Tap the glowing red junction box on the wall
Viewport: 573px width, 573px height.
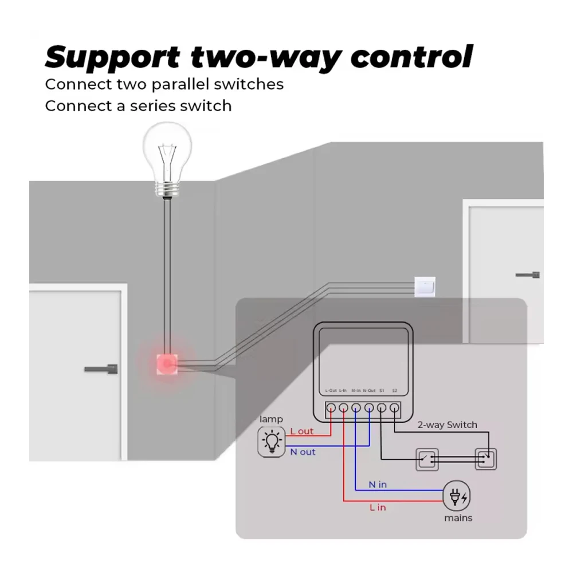pos(167,363)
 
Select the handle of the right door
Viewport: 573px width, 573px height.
pos(528,274)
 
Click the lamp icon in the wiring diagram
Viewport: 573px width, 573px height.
pos(272,441)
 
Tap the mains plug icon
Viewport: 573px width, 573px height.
pos(458,496)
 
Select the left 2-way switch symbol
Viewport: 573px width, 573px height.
pos(425,458)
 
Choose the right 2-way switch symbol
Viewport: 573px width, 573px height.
pos(485,458)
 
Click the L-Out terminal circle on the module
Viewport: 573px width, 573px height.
pos(331,409)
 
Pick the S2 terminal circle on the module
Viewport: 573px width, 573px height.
pos(394,409)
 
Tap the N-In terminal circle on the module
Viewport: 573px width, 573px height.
pos(356,409)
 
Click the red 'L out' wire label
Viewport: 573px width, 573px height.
pos(302,431)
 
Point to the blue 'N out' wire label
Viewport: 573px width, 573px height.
pos(303,452)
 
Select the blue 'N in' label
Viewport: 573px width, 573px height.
pos(378,485)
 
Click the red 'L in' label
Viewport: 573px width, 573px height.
pos(378,507)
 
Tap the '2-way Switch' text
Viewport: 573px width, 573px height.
pos(447,425)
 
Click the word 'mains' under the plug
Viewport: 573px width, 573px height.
pos(458,518)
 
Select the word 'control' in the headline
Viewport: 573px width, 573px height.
pos(412,57)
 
